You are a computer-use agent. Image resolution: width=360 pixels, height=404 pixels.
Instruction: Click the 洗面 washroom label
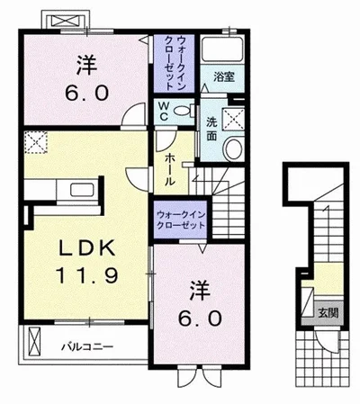coord(211,128)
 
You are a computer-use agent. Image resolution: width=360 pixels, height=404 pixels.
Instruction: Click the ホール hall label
coord(168,169)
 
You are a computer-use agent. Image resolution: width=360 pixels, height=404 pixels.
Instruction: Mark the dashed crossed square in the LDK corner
coord(35,142)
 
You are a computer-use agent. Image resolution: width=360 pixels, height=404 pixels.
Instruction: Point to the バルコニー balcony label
coord(87,346)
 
